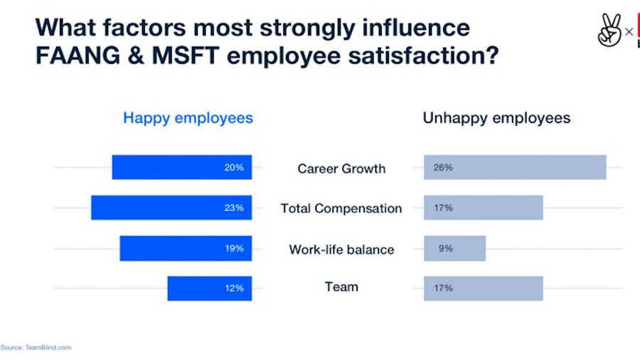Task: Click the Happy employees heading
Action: tap(188, 118)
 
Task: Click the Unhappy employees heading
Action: tap(496, 118)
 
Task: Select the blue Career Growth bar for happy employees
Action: tap(181, 167)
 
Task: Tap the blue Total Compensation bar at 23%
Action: tap(171, 208)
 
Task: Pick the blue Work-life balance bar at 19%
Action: tap(185, 248)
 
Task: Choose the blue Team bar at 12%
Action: tap(209, 288)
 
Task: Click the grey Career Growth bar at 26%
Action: tap(515, 167)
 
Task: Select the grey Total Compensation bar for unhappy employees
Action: tap(484, 208)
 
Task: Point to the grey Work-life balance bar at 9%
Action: tap(455, 248)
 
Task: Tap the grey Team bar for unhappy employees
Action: tap(484, 288)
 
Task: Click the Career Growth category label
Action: tap(341, 169)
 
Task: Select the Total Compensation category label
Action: tap(341, 208)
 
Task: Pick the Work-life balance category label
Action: tap(341, 250)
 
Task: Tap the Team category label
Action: tap(341, 287)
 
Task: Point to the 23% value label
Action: tap(234, 208)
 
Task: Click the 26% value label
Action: tap(443, 167)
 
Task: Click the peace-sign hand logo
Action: tap(609, 31)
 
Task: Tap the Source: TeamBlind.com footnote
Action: tap(36, 347)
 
